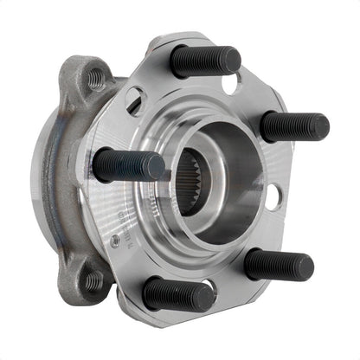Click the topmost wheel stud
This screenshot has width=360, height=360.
[x=204, y=61]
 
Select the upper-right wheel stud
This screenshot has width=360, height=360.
[x=293, y=126]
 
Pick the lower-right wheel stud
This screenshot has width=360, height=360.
[x=278, y=264]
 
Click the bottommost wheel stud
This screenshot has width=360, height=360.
[x=177, y=294]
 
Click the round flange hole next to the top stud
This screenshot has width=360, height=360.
[x=232, y=83]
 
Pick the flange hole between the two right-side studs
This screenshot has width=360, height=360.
[x=272, y=197]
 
